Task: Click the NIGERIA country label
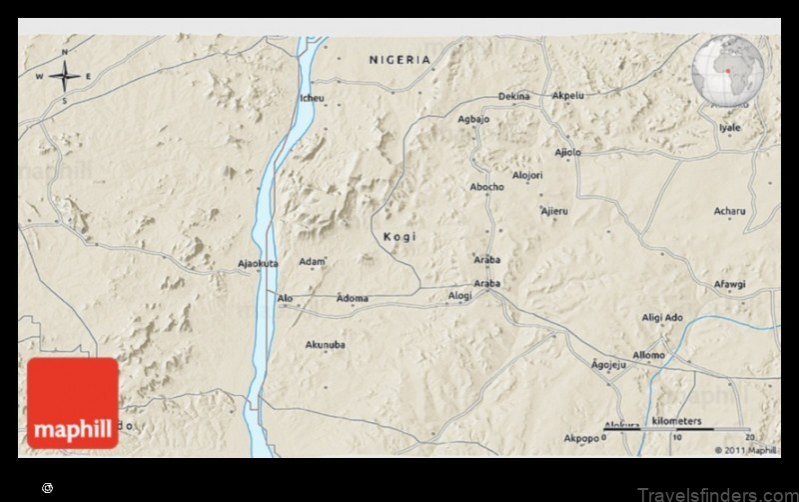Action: click(399, 60)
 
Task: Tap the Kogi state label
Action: click(399, 237)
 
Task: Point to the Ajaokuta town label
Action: click(258, 264)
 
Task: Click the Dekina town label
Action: click(514, 96)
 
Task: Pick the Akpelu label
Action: click(568, 96)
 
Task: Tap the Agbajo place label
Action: click(473, 119)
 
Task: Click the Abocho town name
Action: click(487, 187)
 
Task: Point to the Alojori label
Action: click(527, 175)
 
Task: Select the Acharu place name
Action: click(729, 211)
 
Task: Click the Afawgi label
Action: click(729, 284)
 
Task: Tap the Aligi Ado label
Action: click(662, 317)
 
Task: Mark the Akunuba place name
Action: click(325, 345)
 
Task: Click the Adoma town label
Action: click(353, 298)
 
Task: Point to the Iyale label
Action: click(730, 128)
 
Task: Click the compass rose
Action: click(66, 76)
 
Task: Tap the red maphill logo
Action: click(73, 403)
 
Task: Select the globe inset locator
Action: click(728, 70)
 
